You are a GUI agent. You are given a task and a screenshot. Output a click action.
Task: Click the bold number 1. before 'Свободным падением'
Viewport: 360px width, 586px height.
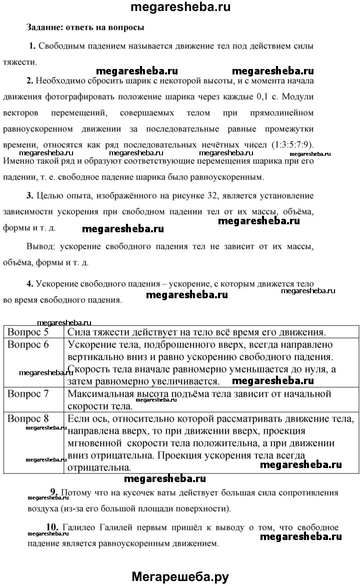pos(33,46)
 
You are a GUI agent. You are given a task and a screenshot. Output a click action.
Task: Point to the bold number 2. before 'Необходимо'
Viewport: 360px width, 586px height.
pos(30,80)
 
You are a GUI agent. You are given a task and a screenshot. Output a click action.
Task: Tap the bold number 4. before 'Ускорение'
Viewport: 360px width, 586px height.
pos(30,284)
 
